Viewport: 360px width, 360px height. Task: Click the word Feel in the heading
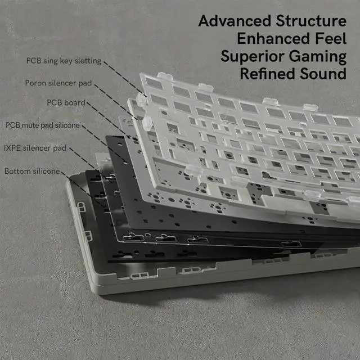(330, 39)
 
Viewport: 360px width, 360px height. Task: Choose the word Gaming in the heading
(319, 57)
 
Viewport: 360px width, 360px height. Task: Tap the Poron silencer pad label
(58, 83)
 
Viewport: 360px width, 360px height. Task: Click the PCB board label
(66, 103)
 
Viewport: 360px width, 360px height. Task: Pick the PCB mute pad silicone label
(42, 125)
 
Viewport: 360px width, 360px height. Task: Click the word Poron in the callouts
(35, 83)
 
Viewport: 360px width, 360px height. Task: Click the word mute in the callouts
(31, 125)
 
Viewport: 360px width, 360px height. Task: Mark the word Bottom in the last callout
(16, 170)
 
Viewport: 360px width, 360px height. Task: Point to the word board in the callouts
(74, 103)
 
